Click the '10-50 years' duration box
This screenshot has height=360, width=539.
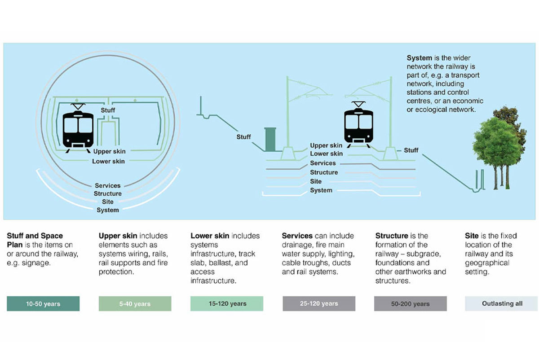click(43, 304)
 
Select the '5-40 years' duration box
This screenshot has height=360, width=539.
click(135, 304)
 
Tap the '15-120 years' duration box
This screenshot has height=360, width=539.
click(227, 304)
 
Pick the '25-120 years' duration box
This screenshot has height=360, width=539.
click(319, 304)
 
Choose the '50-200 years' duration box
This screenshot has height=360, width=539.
click(410, 304)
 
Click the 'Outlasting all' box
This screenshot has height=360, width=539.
click(502, 304)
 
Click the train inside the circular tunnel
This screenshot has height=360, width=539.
click(78, 127)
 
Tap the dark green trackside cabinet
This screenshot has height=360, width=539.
click(270, 139)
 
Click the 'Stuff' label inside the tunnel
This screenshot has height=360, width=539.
click(108, 110)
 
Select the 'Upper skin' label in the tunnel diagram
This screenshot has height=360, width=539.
click(109, 152)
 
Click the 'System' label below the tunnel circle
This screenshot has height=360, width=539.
click(108, 210)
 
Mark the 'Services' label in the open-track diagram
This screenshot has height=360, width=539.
click(323, 163)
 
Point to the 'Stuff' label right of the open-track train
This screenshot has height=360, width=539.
click(411, 150)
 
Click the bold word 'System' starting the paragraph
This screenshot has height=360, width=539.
click(420, 58)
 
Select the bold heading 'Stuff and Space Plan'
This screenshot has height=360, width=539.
click(35, 240)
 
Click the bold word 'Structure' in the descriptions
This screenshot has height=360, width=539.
click(391, 236)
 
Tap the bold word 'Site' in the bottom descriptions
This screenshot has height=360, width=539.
click(472, 236)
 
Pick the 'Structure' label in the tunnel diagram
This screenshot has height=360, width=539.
click(108, 194)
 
